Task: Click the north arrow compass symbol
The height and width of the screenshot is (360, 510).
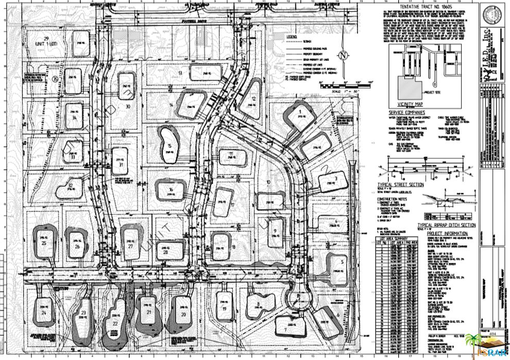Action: tap(343, 55)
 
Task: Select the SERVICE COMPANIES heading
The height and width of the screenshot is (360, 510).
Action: tap(407, 112)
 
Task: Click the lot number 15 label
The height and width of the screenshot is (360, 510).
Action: tap(169, 146)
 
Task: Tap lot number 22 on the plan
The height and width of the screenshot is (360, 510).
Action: tap(115, 322)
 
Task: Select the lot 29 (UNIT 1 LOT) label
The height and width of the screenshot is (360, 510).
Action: tap(46, 41)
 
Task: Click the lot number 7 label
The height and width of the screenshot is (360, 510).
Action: tap(284, 329)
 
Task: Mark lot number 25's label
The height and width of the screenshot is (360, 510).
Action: tap(44, 243)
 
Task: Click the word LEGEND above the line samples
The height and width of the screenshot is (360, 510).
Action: tap(292, 37)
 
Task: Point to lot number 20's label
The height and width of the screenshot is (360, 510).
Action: tap(184, 314)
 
